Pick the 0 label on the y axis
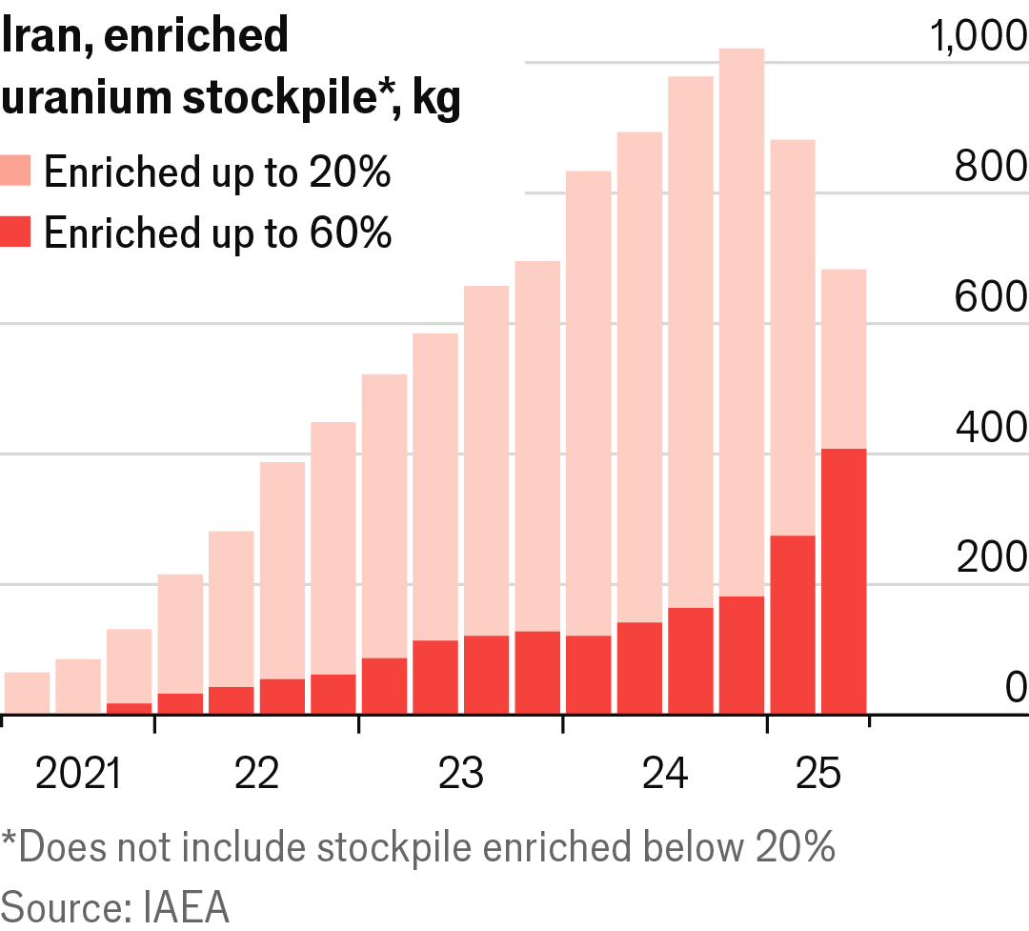point(1015,688)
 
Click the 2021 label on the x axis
point(78,774)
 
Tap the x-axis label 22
point(256,774)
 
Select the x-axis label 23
point(461,774)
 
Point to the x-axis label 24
point(665,774)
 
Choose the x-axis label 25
point(817,774)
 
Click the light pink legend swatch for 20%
point(17,172)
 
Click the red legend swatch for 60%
point(17,233)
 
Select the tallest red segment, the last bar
point(843,581)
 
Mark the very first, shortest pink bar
point(27,693)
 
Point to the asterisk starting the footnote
point(10,840)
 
